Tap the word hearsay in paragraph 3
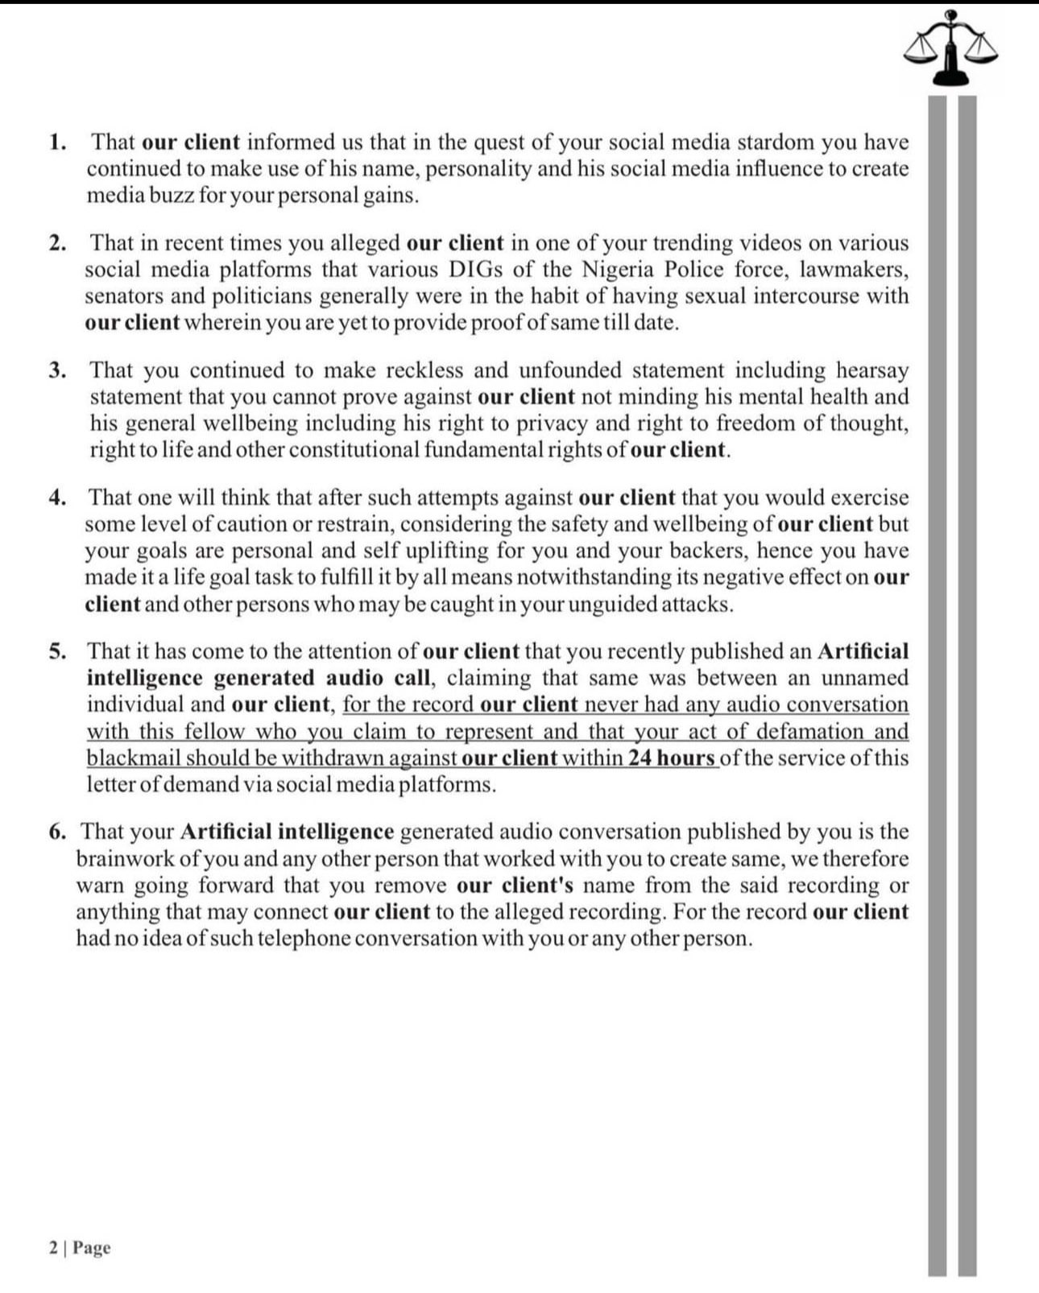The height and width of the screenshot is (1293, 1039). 872,370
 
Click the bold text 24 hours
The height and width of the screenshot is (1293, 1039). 672,758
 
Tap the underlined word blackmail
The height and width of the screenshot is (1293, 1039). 134,758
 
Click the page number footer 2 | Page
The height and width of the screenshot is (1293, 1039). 80,1248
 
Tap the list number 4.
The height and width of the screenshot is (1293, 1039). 57,498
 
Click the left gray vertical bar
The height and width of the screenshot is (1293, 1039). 937,684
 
